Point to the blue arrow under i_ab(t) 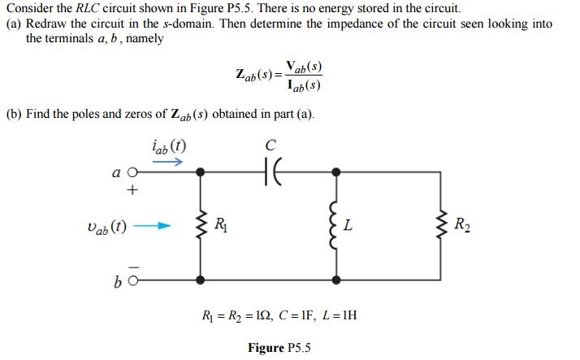click(x=168, y=163)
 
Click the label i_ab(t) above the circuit click(x=168, y=146)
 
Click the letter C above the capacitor click(x=271, y=145)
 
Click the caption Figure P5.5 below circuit click(x=279, y=348)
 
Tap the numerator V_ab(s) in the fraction click(x=309, y=67)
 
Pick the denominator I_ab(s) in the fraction click(x=309, y=85)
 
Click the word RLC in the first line click(x=83, y=8)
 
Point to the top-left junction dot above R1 click(x=200, y=171)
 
